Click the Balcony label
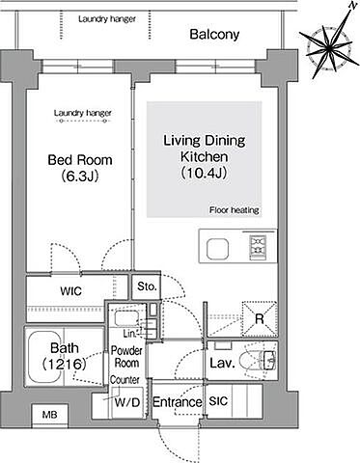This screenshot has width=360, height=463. (214, 35)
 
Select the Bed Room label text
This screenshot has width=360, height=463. (80, 160)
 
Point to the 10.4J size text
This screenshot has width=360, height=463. (205, 173)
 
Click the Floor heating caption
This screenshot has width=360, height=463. (235, 210)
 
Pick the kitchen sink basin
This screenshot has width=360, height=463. (217, 249)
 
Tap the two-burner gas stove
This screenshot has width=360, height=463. (258, 248)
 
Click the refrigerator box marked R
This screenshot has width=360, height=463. (260, 319)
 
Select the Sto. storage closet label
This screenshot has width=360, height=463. (147, 286)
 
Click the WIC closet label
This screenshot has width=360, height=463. (71, 291)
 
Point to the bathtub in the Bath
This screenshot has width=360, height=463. (46, 357)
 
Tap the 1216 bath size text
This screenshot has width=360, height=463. (65, 364)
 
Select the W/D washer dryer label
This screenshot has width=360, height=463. (127, 402)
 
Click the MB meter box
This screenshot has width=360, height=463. (50, 415)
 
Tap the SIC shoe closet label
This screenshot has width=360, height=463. (218, 401)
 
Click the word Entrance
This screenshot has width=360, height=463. (177, 402)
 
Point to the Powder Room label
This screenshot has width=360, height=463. (126, 357)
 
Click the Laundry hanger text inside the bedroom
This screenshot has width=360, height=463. (83, 113)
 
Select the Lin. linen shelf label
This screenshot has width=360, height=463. (129, 334)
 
